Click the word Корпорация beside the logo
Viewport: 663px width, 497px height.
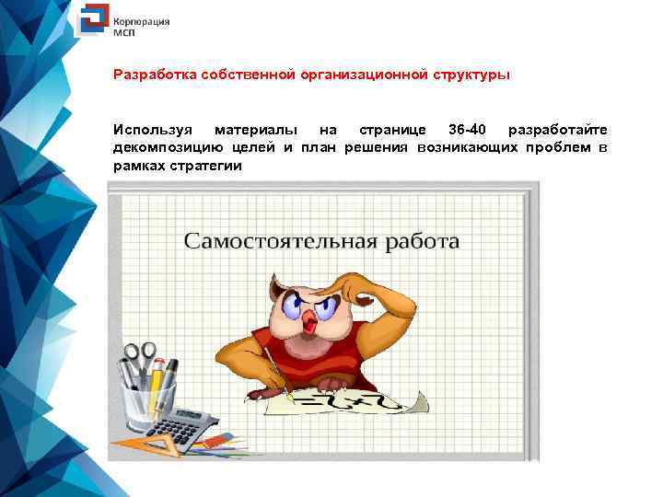[x=141, y=18]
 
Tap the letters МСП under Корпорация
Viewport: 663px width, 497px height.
[x=124, y=30]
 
